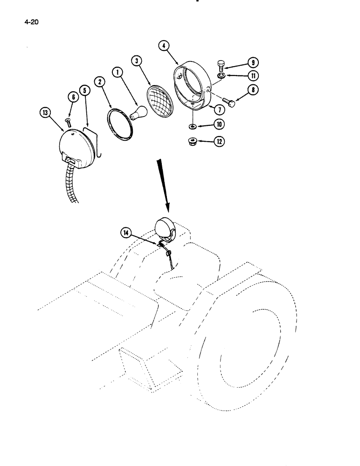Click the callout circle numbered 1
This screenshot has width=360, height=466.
click(x=117, y=72)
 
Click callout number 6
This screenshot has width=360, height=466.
click(x=73, y=96)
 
